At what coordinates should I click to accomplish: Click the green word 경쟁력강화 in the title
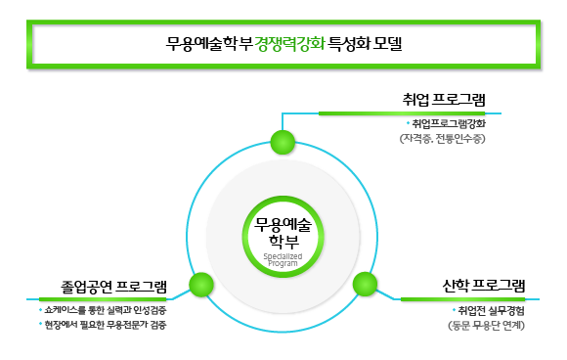point(289,44)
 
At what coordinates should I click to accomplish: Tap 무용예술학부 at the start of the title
point(209,44)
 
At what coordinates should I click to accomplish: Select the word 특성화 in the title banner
point(349,44)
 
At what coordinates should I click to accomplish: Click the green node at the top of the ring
point(283,142)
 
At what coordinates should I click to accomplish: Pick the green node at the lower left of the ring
point(201,285)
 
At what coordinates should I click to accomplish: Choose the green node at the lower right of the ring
point(365,285)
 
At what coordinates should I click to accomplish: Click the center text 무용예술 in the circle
point(283,222)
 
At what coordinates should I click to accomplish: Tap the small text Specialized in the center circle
point(283,255)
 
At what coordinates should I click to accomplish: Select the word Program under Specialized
point(283,263)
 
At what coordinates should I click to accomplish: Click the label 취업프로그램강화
point(448,124)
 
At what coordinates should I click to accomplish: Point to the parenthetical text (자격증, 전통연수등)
point(442,139)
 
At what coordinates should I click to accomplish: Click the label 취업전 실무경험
point(490,310)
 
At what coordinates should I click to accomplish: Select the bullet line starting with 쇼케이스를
point(104,309)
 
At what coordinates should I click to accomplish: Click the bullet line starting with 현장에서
point(103,324)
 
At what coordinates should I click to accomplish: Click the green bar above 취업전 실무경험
point(464,298)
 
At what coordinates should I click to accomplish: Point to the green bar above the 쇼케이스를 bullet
point(103,298)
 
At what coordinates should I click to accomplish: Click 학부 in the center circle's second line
point(283,241)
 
